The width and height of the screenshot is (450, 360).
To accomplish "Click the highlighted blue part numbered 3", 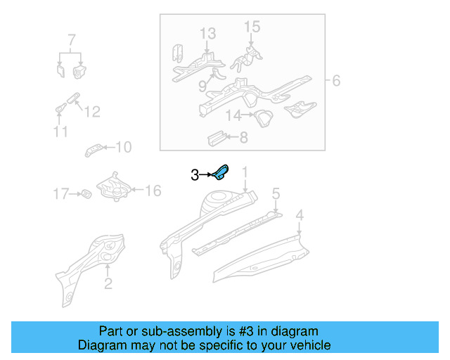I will (x=221, y=173).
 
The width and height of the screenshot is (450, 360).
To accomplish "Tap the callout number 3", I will (x=195, y=175).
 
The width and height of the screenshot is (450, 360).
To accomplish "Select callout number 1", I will (x=245, y=172).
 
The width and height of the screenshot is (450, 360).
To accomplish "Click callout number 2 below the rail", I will (x=108, y=284).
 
